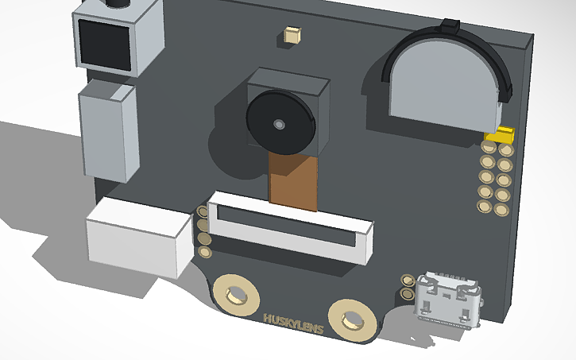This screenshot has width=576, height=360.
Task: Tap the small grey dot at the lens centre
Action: coord(279,125)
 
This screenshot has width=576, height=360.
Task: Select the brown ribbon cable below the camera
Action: coord(293,182)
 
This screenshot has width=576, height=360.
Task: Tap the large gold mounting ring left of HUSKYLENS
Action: coord(236,296)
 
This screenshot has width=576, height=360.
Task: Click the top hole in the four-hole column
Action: coord(203,212)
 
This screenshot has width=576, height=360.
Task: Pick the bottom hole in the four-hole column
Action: coord(205,253)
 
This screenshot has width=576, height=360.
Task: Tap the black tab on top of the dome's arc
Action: coord(450,26)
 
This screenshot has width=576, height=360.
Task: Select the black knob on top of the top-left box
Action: coord(118,4)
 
